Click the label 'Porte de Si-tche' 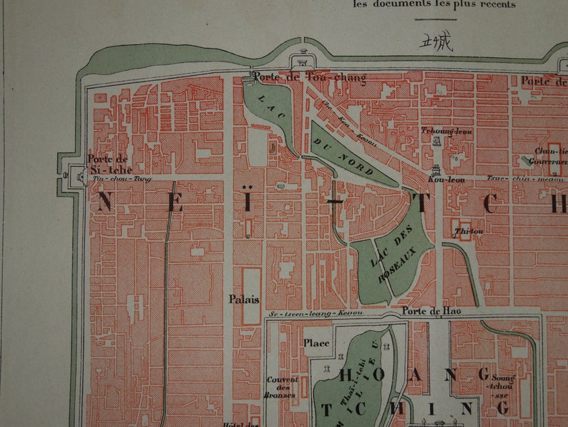109,164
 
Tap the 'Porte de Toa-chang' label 308,77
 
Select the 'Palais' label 244,299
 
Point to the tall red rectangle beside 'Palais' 251,296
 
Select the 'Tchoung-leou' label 436,131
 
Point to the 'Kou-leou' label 446,179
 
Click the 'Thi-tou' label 465,231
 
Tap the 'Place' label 316,343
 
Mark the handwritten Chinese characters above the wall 436,42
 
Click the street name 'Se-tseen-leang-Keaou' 315,313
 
